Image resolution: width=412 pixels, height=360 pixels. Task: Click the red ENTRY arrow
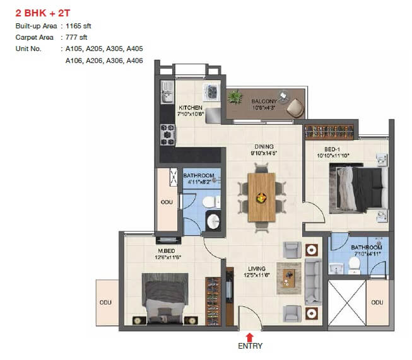coord(250,336)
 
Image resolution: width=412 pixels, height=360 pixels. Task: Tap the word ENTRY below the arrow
coord(250,346)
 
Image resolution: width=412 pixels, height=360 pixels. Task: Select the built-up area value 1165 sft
coord(79,26)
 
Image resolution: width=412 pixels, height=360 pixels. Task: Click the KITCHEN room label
coord(190,107)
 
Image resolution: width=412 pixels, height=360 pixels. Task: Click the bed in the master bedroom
coord(164,300)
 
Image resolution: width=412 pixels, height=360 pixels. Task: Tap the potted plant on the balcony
coord(236,96)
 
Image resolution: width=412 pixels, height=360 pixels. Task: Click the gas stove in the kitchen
coord(168,134)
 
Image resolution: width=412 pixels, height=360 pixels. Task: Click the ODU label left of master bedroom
coord(105,302)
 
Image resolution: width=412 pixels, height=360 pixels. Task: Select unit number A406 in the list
coord(134,61)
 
